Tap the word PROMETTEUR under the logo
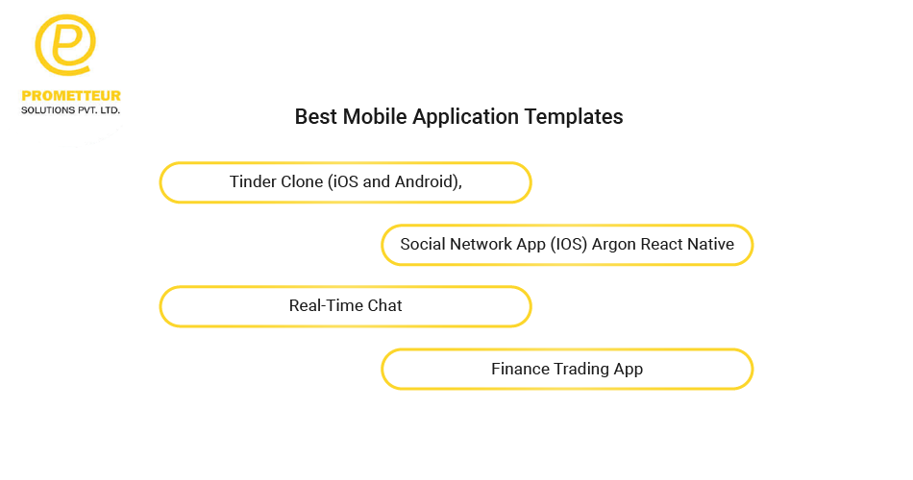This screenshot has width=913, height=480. click(x=71, y=96)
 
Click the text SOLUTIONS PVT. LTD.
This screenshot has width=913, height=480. click(x=70, y=110)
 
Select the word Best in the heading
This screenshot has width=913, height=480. click(x=315, y=116)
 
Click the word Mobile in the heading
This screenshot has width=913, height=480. click(x=375, y=116)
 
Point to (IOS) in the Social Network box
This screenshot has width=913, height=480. click(x=569, y=245)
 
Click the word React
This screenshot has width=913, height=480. click(x=661, y=244)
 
